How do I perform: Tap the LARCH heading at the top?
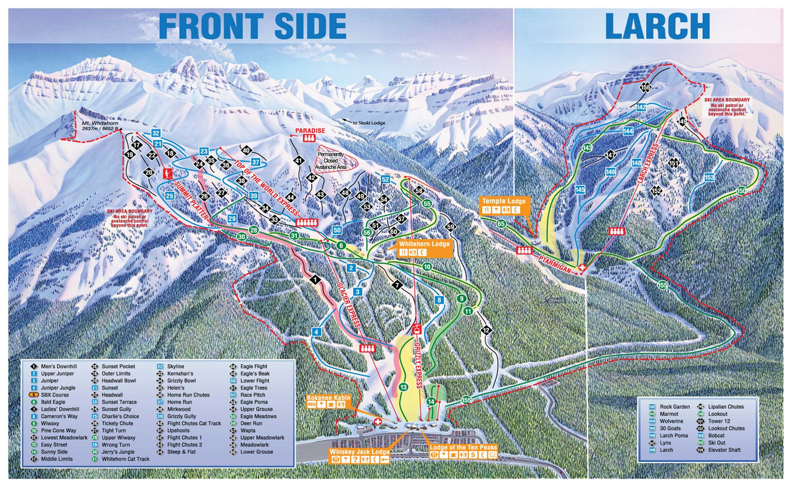coord(657,26)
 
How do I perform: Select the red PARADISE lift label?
coord(310,131)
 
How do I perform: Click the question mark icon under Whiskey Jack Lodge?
coord(355,459)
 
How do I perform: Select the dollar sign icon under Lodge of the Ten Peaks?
coord(472,455)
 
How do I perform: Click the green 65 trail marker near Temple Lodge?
coord(501,224)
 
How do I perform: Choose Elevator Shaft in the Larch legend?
coord(727,450)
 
